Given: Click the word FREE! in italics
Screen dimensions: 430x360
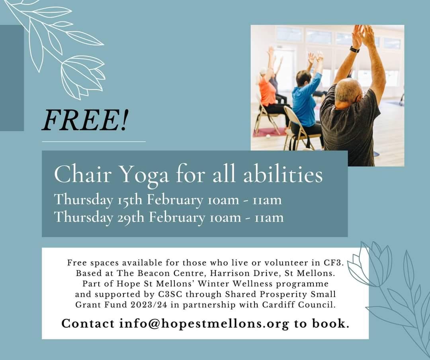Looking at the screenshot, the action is click(x=85, y=120).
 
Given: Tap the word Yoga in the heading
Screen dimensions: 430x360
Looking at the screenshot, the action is click(x=145, y=175).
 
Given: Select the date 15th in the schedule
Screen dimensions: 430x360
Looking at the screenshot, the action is click(x=130, y=199).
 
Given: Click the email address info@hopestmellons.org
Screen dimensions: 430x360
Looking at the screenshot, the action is click(x=204, y=323).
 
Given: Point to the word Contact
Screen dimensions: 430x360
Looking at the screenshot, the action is click(x=88, y=323).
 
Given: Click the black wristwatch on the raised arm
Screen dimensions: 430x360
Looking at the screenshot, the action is click(x=355, y=49).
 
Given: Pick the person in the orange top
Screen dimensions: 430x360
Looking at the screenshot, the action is click(x=268, y=93).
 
